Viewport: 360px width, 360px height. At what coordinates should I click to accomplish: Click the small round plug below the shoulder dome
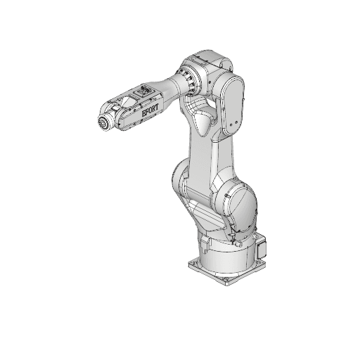click(x=240, y=238)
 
